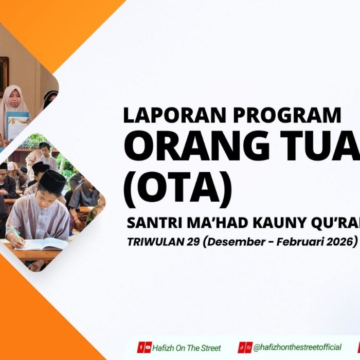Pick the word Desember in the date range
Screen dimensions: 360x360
point(231,241)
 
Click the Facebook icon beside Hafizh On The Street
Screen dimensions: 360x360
point(140,347)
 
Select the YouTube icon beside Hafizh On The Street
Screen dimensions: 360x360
point(148,347)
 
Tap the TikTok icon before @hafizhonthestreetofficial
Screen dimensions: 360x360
point(242,347)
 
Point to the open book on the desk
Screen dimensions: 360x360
point(44,243)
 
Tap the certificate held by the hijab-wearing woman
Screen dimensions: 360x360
point(17,125)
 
